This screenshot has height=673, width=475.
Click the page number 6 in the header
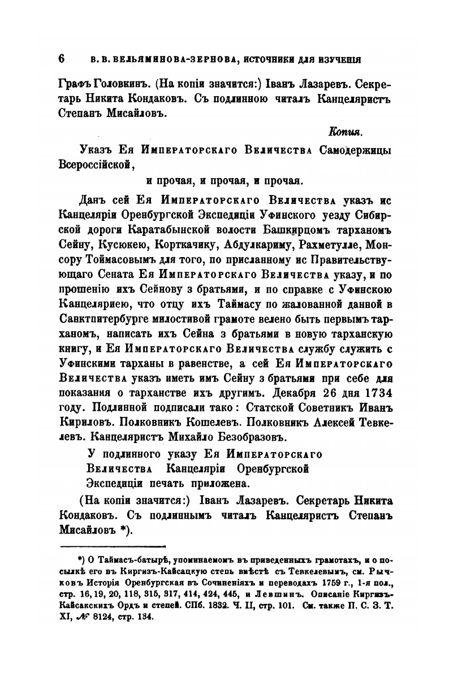pos(62,59)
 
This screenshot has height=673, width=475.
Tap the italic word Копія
pos(344,132)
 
